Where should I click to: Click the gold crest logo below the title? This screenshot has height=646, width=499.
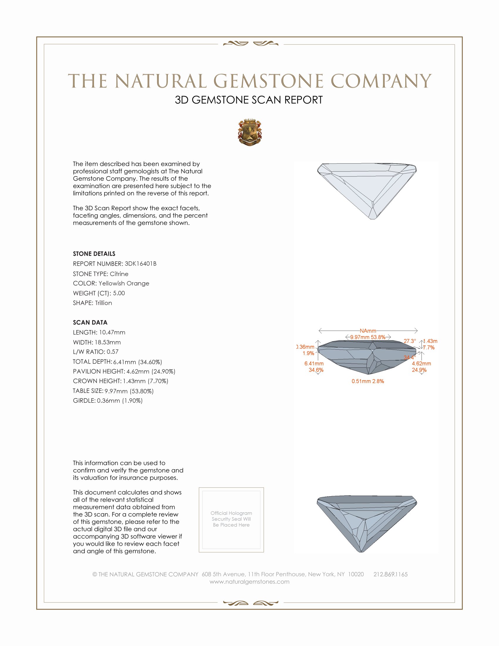pos(249,132)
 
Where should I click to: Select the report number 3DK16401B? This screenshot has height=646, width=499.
pos(140,264)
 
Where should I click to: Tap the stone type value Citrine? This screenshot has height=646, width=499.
pos(119,274)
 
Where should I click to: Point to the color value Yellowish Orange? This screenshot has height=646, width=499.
pos(124,283)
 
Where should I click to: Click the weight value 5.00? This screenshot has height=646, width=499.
pos(119,293)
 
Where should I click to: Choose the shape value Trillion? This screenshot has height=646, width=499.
pos(103,303)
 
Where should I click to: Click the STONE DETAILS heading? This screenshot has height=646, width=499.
pos(94,254)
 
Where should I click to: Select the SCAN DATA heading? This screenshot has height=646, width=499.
pos(90,322)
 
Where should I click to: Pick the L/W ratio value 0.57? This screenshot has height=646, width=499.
pos(112,352)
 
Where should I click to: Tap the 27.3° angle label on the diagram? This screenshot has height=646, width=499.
pos(410,341)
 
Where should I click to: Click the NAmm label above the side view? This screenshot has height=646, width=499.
pos(368,331)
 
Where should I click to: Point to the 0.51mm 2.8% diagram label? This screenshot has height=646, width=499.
pos(368,381)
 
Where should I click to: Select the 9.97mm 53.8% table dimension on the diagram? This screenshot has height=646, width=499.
pos(368,337)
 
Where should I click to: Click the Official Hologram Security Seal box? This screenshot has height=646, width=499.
pos(231,520)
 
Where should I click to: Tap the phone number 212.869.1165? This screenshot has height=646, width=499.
pos(390,574)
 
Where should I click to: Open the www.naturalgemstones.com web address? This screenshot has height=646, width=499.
pos(249,581)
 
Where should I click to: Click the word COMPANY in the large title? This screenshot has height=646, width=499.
pos(381,81)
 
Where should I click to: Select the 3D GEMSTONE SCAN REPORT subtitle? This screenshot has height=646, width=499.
pos(249,100)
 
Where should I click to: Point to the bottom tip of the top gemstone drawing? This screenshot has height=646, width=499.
pos(372,218)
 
